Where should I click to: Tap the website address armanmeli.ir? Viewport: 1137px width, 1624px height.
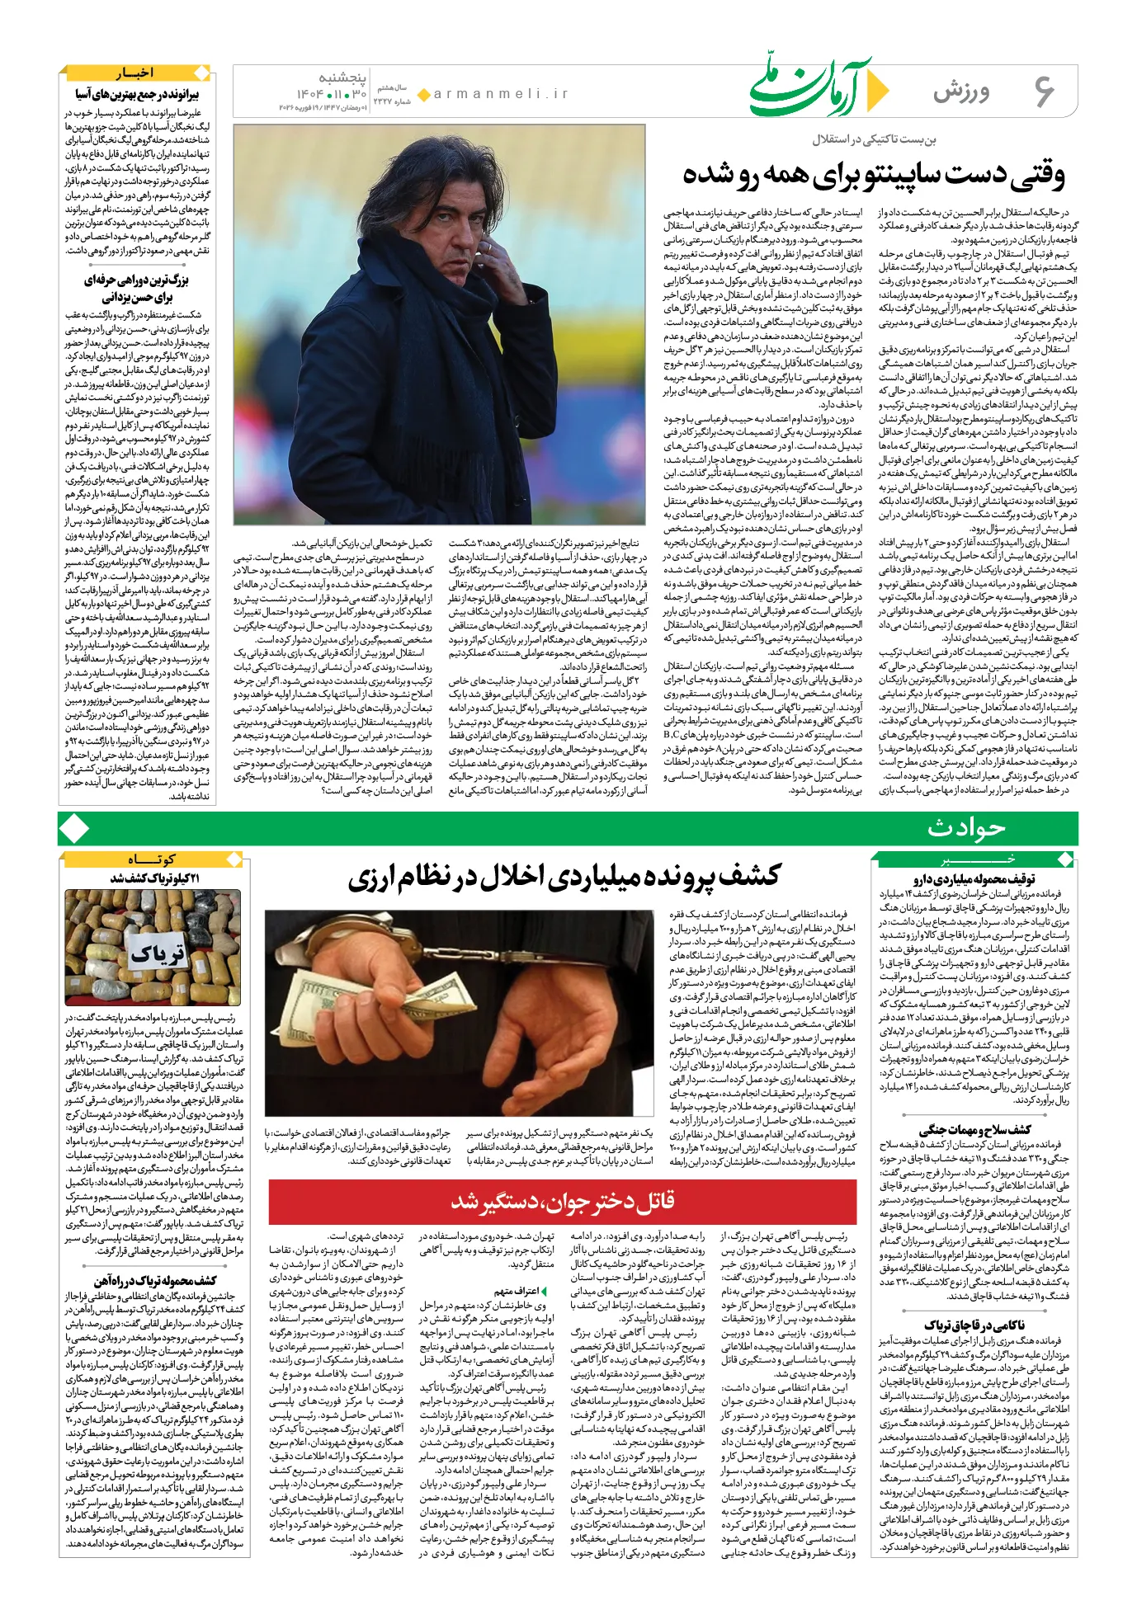pyautogui.click(x=500, y=94)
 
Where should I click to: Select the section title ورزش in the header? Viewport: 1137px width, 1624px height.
pyautogui.click(x=961, y=92)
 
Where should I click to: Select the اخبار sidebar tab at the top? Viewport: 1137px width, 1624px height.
pyautogui.click(x=135, y=73)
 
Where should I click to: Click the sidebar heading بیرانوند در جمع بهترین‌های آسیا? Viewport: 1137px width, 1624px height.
pyautogui.click(x=137, y=94)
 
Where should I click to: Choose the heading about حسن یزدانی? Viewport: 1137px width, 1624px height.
pyautogui.click(x=137, y=289)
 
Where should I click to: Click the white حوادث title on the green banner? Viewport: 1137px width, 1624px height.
pyautogui.click(x=966, y=828)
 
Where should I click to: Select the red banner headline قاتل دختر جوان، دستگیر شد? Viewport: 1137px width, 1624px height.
pyautogui.click(x=563, y=1201)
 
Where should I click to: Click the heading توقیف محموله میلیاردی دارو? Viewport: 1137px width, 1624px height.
pyautogui.click(x=974, y=879)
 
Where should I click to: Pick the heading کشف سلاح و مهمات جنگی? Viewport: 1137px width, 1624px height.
pyautogui.click(x=974, y=1130)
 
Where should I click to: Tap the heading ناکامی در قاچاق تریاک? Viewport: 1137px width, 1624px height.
pyautogui.click(x=974, y=1325)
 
